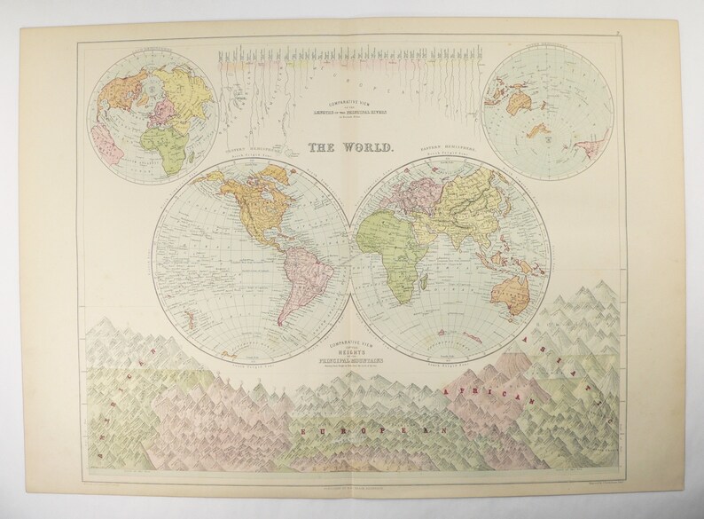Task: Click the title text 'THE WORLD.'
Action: point(351,150)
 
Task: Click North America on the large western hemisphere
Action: point(258,203)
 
